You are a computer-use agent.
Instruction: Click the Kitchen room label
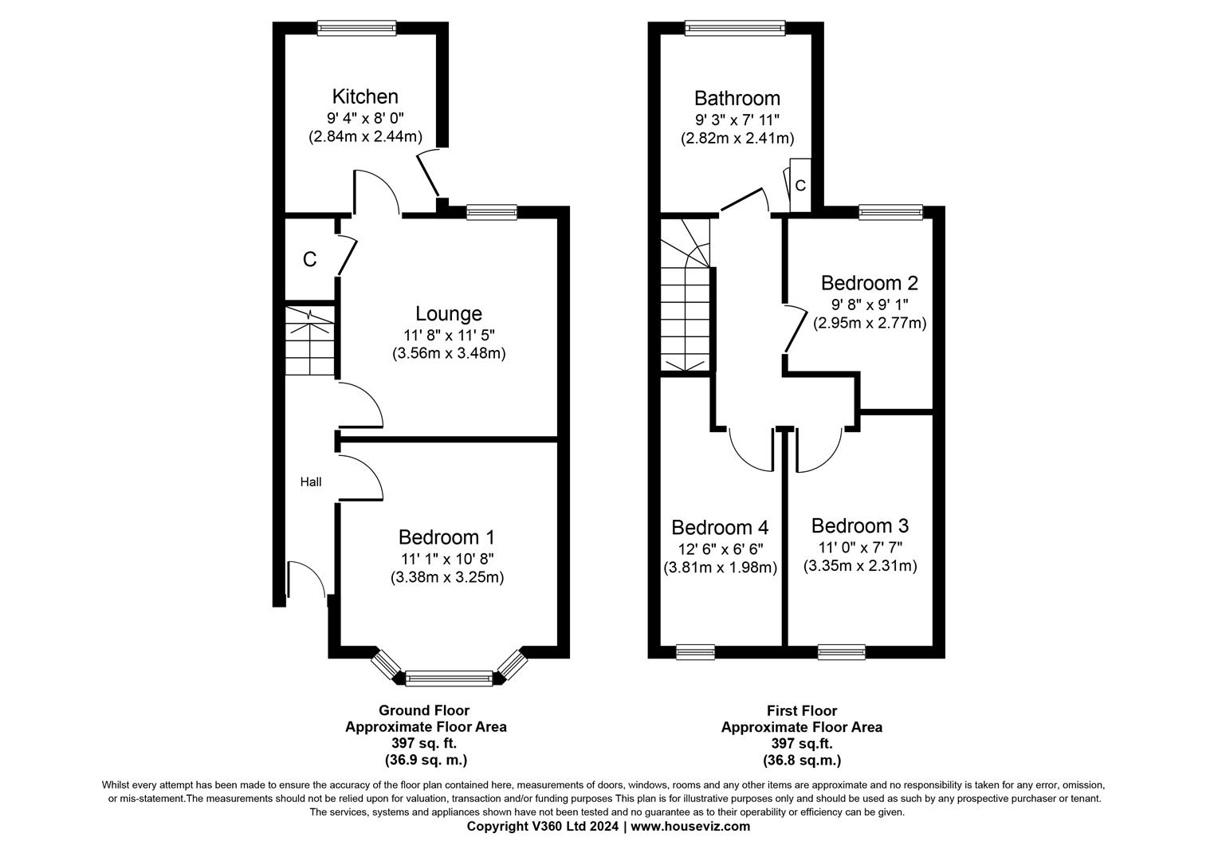click(365, 96)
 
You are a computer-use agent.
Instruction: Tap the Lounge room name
click(449, 314)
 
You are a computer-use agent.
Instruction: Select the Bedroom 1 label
click(446, 537)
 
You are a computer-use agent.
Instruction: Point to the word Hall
click(311, 482)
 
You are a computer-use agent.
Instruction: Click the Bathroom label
click(737, 98)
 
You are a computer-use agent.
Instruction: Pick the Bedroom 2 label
click(870, 283)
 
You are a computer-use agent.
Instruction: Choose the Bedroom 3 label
click(859, 526)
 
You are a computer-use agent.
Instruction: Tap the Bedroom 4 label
click(720, 528)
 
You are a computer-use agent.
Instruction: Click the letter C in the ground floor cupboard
click(309, 260)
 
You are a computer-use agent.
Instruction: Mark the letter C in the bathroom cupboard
click(800, 186)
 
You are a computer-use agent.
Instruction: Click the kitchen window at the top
click(356, 28)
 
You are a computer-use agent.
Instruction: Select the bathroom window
click(735, 28)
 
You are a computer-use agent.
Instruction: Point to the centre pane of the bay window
click(449, 678)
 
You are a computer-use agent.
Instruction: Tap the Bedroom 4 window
click(695, 652)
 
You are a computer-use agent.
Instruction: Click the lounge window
click(492, 213)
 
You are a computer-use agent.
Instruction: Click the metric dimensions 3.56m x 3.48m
click(449, 353)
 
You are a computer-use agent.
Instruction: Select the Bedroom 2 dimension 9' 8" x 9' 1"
click(870, 304)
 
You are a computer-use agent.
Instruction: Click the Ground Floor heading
click(424, 710)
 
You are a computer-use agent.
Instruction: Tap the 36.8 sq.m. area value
click(802, 760)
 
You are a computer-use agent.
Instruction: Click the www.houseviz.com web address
click(690, 826)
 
